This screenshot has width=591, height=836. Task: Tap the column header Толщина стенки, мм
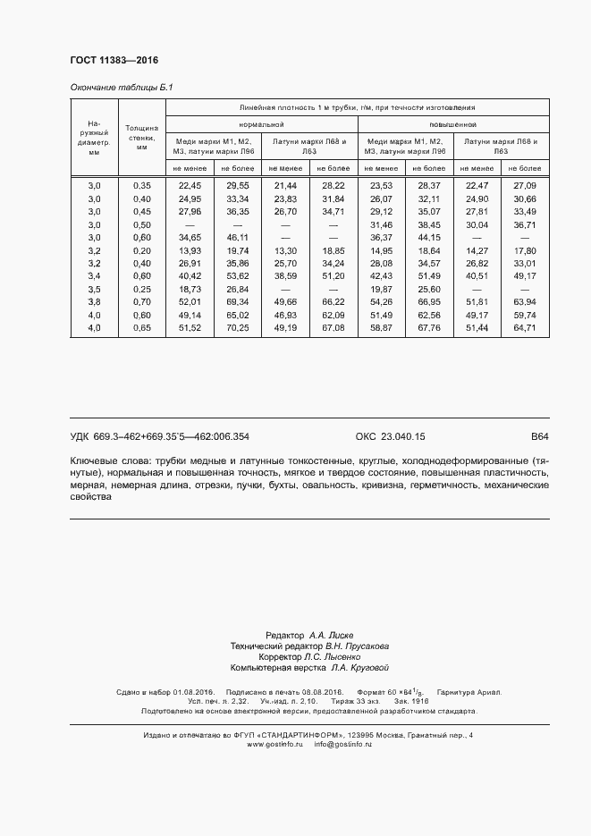(x=141, y=138)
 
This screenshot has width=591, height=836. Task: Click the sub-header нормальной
(x=261, y=124)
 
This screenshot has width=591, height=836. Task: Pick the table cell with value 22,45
(x=190, y=185)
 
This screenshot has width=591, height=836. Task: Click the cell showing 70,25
(x=237, y=329)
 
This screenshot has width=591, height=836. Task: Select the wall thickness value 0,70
(x=141, y=303)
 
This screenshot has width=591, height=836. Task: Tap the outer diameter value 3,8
(x=94, y=303)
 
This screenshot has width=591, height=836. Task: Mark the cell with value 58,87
(x=381, y=329)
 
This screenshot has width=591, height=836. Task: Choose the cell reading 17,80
(x=524, y=251)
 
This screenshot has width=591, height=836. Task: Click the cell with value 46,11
(x=237, y=238)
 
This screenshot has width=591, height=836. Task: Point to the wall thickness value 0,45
(x=141, y=211)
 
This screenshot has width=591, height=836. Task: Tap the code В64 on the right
(x=539, y=436)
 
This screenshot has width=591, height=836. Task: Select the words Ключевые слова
(x=104, y=460)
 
